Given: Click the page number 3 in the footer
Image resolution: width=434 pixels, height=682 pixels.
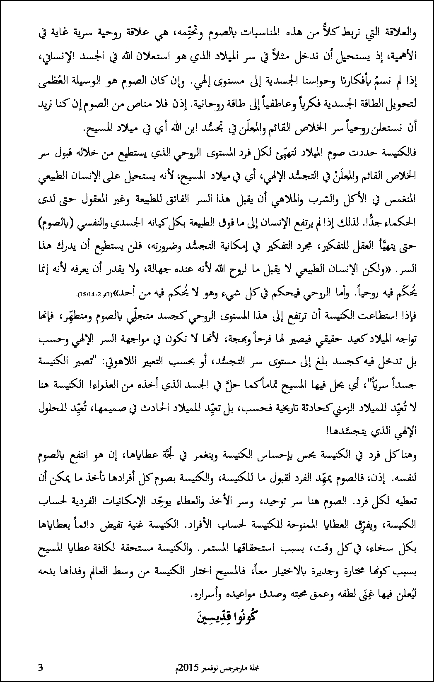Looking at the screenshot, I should pos(40,667).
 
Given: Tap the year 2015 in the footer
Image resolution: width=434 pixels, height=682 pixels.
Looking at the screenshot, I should pos(187,668).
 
